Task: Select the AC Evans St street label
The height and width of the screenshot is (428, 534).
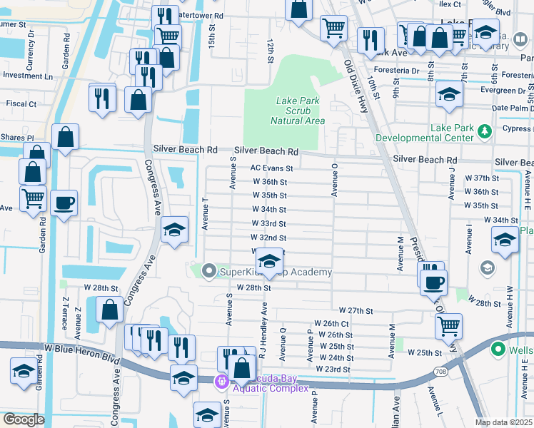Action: tap(271, 168)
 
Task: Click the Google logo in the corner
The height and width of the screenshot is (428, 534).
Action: tap(23, 419)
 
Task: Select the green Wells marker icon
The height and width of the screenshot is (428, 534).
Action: tap(499, 350)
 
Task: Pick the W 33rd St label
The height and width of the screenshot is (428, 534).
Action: tap(269, 223)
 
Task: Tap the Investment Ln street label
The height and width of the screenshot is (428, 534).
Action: tap(27, 76)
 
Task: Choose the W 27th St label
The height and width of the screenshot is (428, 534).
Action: tap(356, 311)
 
